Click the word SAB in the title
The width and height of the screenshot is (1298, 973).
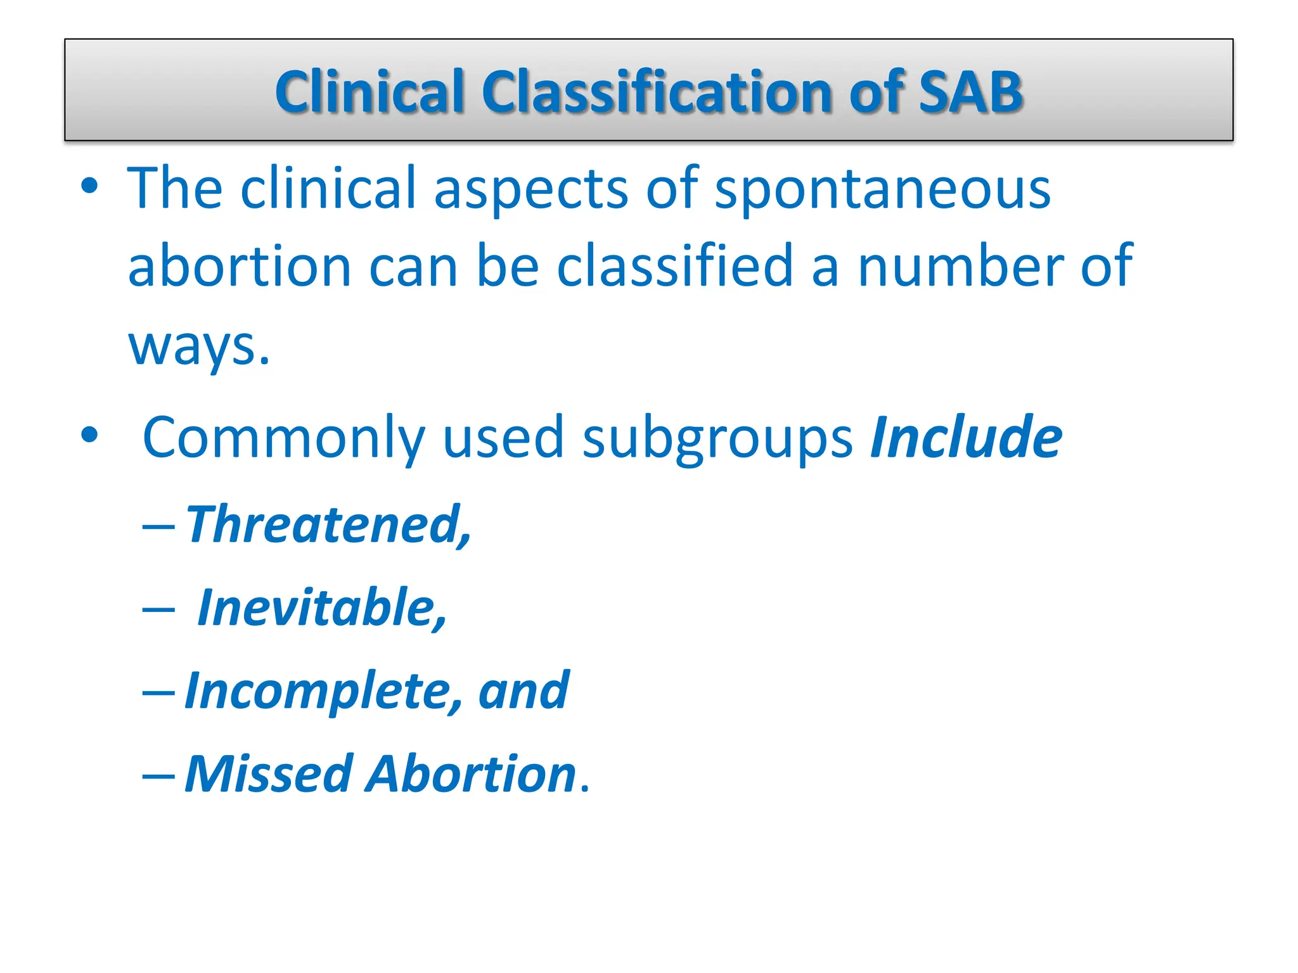pos(970,92)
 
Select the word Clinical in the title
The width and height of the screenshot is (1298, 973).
pos(369,92)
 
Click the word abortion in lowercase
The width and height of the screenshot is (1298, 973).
pos(240,266)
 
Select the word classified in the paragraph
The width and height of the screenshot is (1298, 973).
pos(674,266)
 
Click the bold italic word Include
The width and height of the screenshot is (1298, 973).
pos(966,437)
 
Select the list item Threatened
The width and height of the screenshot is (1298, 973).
pos(328,525)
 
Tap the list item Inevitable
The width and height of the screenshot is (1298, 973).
pos(322,607)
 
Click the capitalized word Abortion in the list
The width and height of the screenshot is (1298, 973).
pos(472,773)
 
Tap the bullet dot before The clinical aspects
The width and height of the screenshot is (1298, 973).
pos(89,186)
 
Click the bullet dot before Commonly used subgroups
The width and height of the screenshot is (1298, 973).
pos(89,435)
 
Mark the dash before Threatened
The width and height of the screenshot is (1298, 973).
pos(158,526)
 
